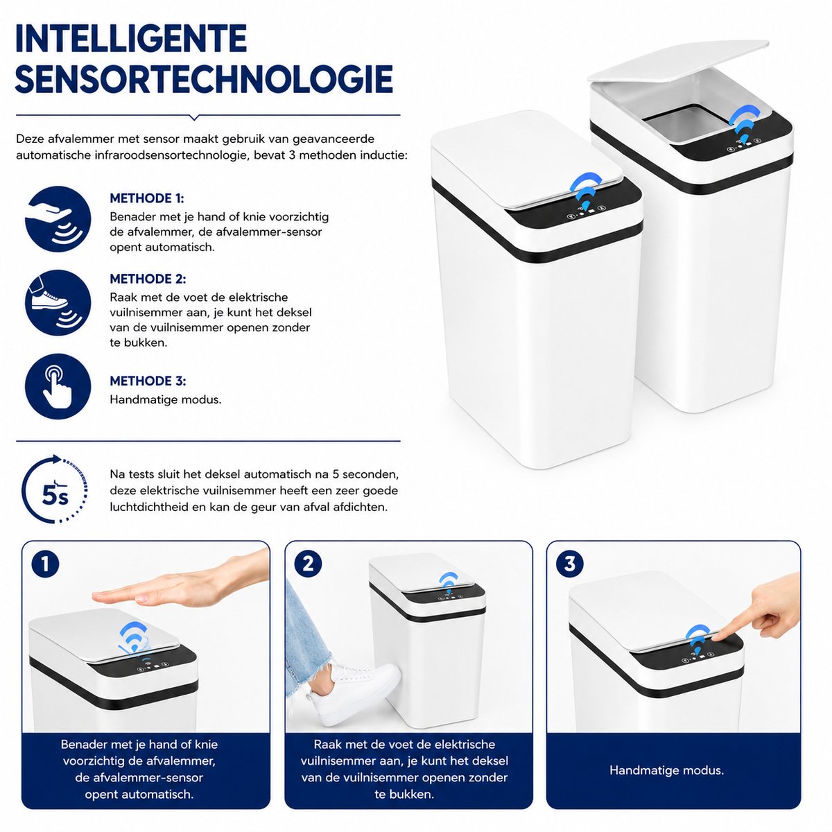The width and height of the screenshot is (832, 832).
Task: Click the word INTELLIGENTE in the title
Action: tap(131, 39)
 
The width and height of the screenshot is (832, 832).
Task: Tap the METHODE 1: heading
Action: tap(147, 198)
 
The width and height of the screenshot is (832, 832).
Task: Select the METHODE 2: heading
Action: tap(148, 279)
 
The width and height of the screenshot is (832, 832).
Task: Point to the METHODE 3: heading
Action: tap(148, 381)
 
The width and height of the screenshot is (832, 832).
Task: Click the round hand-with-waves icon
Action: tap(58, 219)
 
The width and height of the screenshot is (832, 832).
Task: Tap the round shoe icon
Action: tap(58, 303)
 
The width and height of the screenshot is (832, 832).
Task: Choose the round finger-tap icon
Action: tap(58, 386)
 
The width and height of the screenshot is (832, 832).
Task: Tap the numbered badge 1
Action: tap(45, 564)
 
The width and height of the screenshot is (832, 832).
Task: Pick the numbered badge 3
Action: tap(570, 564)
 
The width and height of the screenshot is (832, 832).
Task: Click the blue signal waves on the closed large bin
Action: tap(585, 190)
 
